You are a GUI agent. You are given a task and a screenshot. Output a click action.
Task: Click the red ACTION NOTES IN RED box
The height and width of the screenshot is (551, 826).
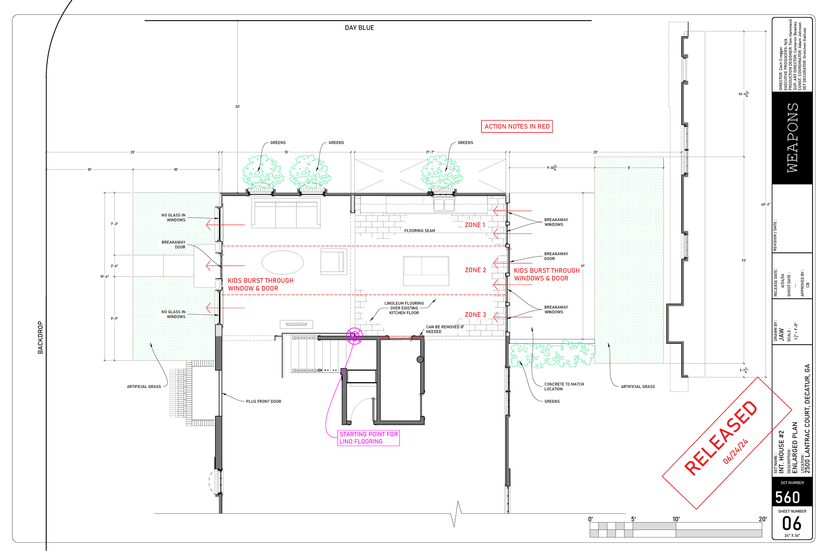[x=517, y=127]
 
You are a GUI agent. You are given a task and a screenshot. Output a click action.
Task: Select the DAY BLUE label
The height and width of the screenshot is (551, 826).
[x=359, y=28]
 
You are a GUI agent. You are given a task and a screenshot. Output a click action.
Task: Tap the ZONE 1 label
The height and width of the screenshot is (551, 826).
[x=475, y=225]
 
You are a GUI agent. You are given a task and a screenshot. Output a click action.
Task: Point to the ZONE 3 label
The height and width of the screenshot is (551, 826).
[x=475, y=315]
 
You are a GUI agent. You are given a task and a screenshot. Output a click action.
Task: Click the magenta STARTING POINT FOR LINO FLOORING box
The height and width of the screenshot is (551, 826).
[x=368, y=438]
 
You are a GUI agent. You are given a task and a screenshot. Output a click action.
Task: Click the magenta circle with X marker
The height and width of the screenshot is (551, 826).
[x=354, y=336]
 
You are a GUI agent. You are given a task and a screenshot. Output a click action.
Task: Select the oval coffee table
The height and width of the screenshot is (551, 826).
[x=283, y=262]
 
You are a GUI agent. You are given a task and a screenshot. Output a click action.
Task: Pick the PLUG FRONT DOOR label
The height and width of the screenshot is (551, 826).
[x=263, y=401]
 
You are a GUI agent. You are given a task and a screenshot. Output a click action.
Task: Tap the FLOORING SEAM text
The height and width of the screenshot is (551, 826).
[x=419, y=231]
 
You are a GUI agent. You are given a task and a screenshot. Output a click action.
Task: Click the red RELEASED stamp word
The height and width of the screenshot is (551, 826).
[x=721, y=438]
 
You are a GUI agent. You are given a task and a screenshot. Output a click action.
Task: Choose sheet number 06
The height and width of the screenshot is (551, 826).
[x=792, y=524]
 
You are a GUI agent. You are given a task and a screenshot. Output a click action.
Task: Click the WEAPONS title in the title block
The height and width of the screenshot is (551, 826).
[x=792, y=138]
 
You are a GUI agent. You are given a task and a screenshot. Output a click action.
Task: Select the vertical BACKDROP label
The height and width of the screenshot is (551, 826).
[x=40, y=337]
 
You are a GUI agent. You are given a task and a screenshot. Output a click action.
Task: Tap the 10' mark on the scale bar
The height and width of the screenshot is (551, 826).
[x=676, y=519]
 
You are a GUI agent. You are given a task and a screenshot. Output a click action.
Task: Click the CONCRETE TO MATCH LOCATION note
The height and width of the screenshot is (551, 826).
[x=564, y=386]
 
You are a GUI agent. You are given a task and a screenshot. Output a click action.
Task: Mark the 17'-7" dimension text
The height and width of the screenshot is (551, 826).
[x=430, y=152]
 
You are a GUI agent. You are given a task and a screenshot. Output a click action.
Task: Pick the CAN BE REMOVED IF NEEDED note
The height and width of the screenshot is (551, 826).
[x=445, y=329]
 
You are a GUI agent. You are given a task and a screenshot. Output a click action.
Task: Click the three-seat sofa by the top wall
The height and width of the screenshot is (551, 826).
[x=285, y=214]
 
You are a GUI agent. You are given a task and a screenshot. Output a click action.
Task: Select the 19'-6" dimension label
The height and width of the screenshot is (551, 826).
[x=105, y=277]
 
